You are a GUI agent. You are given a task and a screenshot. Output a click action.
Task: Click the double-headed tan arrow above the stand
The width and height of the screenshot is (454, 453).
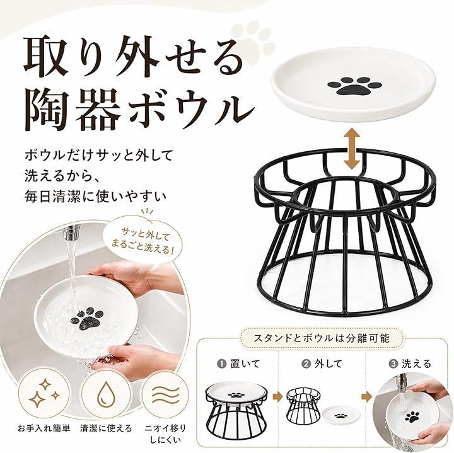(351, 149)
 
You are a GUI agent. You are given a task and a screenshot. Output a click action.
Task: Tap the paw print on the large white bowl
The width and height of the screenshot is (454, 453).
(354, 86)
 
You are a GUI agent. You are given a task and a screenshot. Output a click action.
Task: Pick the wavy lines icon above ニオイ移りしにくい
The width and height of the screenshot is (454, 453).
(165, 396)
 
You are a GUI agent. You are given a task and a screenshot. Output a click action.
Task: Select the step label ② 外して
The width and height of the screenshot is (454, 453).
(322, 364)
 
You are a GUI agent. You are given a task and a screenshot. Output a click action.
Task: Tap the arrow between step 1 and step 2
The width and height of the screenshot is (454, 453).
(277, 397)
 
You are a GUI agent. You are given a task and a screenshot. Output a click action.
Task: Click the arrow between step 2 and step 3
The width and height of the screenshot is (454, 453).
(366, 397)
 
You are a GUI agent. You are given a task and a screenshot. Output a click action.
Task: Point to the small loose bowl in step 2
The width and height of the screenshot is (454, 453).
(339, 416)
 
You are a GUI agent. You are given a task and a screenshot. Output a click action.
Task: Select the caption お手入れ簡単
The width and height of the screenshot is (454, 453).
(44, 428)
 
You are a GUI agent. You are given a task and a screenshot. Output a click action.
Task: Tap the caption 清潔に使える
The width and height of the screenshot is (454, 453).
(106, 428)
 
